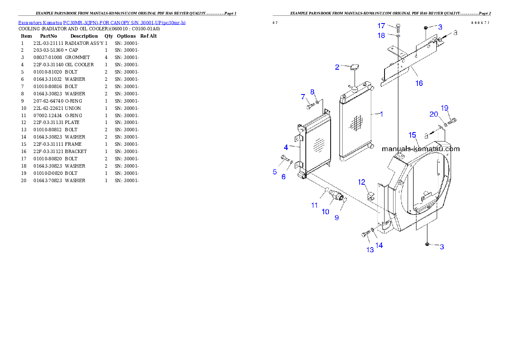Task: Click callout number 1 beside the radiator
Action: pyautogui.click(x=381, y=114)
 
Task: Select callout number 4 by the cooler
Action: pyautogui.click(x=285, y=147)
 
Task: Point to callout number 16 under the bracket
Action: pyautogui.click(x=419, y=83)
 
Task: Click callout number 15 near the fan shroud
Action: pyautogui.click(x=412, y=135)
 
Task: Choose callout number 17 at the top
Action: pyautogui.click(x=381, y=26)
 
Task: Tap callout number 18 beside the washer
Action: pyautogui.click(x=381, y=35)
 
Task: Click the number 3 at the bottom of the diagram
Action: pyautogui.click(x=442, y=247)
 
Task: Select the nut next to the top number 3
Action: pyautogui.click(x=426, y=28)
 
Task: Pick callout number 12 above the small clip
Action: pyautogui.click(x=362, y=183)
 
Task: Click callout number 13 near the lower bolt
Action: pyautogui.click(x=370, y=250)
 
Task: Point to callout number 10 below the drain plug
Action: pyautogui.click(x=326, y=212)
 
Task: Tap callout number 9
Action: pyautogui.click(x=337, y=218)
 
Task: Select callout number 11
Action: pyautogui.click(x=314, y=205)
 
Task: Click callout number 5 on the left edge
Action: pyautogui.click(x=275, y=172)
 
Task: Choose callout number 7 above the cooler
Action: pyautogui.click(x=302, y=97)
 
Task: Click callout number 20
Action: pyautogui.click(x=434, y=114)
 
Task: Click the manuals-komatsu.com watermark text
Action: pyautogui.click(x=420, y=149)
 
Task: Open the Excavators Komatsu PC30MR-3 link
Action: pyautogui.click(x=102, y=22)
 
